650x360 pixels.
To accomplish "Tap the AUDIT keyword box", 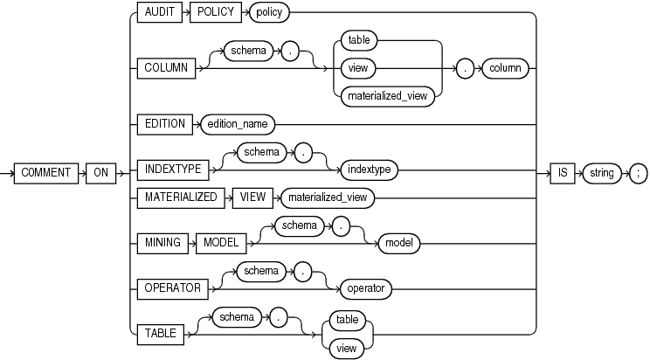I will (x=158, y=13).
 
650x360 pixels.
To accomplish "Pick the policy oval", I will (x=270, y=13).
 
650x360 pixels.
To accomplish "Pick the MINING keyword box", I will (x=162, y=243).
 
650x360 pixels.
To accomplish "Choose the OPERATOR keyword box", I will (x=169, y=287).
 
